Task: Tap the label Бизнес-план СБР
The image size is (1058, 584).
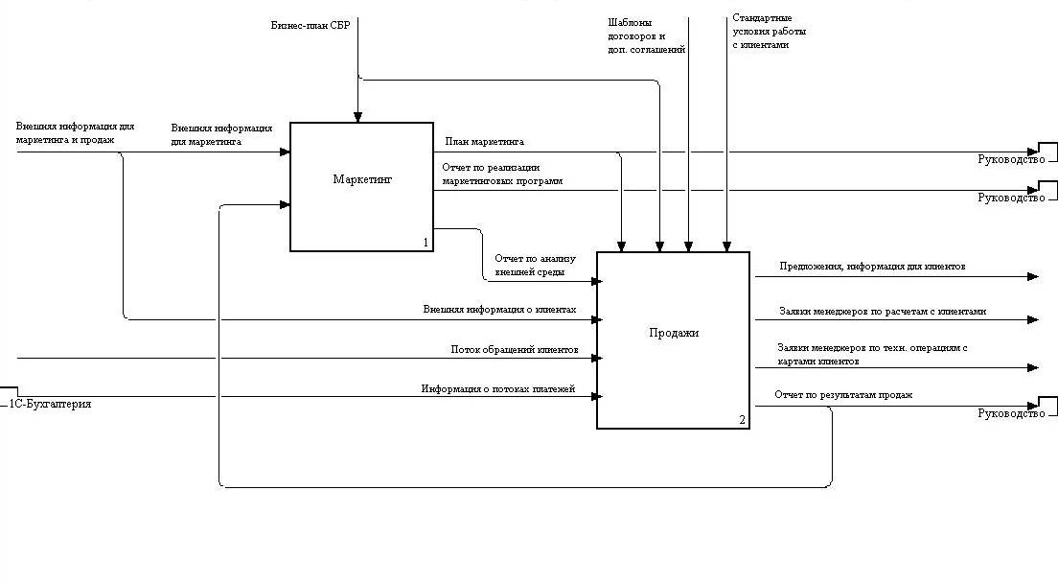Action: tap(310, 24)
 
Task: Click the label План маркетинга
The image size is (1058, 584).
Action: tap(484, 142)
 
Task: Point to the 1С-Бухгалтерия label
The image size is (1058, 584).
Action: tap(51, 404)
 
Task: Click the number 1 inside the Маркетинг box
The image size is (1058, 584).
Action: tap(425, 243)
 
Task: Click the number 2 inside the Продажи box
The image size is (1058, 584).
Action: tap(742, 420)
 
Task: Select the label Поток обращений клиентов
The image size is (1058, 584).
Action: tap(514, 350)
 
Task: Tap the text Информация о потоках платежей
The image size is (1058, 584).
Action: tap(497, 388)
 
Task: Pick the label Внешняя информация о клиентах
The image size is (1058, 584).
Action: tap(499, 310)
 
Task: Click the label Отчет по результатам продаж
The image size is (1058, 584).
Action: tap(843, 395)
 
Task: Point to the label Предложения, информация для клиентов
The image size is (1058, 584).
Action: tap(872, 266)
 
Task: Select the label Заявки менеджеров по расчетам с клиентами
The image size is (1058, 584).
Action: tap(883, 312)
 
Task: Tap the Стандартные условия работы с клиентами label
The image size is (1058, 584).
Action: tap(769, 31)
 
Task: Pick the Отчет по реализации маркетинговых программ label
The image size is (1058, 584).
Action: tap(502, 174)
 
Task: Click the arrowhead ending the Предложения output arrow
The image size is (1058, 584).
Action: tap(1033, 277)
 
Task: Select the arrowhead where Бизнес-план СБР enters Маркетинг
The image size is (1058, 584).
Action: tap(357, 117)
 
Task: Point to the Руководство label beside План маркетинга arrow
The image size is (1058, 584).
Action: tap(1010, 159)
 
